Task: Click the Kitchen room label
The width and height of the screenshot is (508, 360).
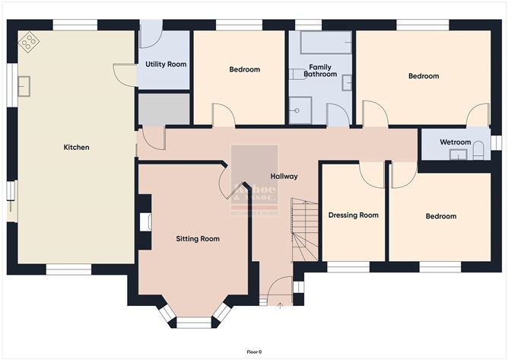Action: [x=77, y=147]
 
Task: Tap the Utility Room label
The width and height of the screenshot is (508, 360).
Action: [x=166, y=64]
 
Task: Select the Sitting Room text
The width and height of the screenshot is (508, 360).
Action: [x=198, y=239]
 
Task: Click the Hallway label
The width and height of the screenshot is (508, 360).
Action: [x=284, y=176]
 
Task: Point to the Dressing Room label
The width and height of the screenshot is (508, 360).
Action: [x=353, y=215]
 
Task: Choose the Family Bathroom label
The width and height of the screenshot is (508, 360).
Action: [x=319, y=71]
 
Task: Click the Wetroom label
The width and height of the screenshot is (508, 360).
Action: [x=456, y=142]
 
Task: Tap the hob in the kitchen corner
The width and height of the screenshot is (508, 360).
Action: [x=30, y=43]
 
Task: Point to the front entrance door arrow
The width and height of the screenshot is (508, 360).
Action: [x=279, y=305]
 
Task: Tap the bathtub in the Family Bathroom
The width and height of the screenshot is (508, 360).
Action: [x=325, y=43]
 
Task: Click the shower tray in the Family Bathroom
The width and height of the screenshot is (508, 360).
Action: [x=301, y=113]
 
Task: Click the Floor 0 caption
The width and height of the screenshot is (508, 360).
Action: [x=254, y=352]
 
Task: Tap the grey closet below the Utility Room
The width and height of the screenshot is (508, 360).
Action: [x=163, y=109]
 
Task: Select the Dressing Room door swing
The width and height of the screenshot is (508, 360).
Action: [x=372, y=175]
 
